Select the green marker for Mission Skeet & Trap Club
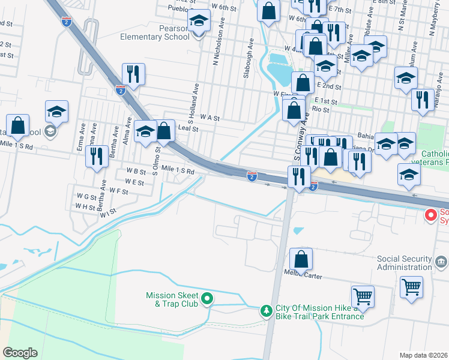tap(207, 298)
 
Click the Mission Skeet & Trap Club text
tap(172, 299)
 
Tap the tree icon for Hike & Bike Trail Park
tap(267, 311)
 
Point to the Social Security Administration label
tap(405, 263)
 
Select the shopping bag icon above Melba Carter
tap(301, 259)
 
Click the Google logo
tap(20, 352)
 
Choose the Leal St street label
tap(188, 128)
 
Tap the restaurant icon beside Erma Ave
tap(97, 156)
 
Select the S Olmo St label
tap(155, 161)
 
